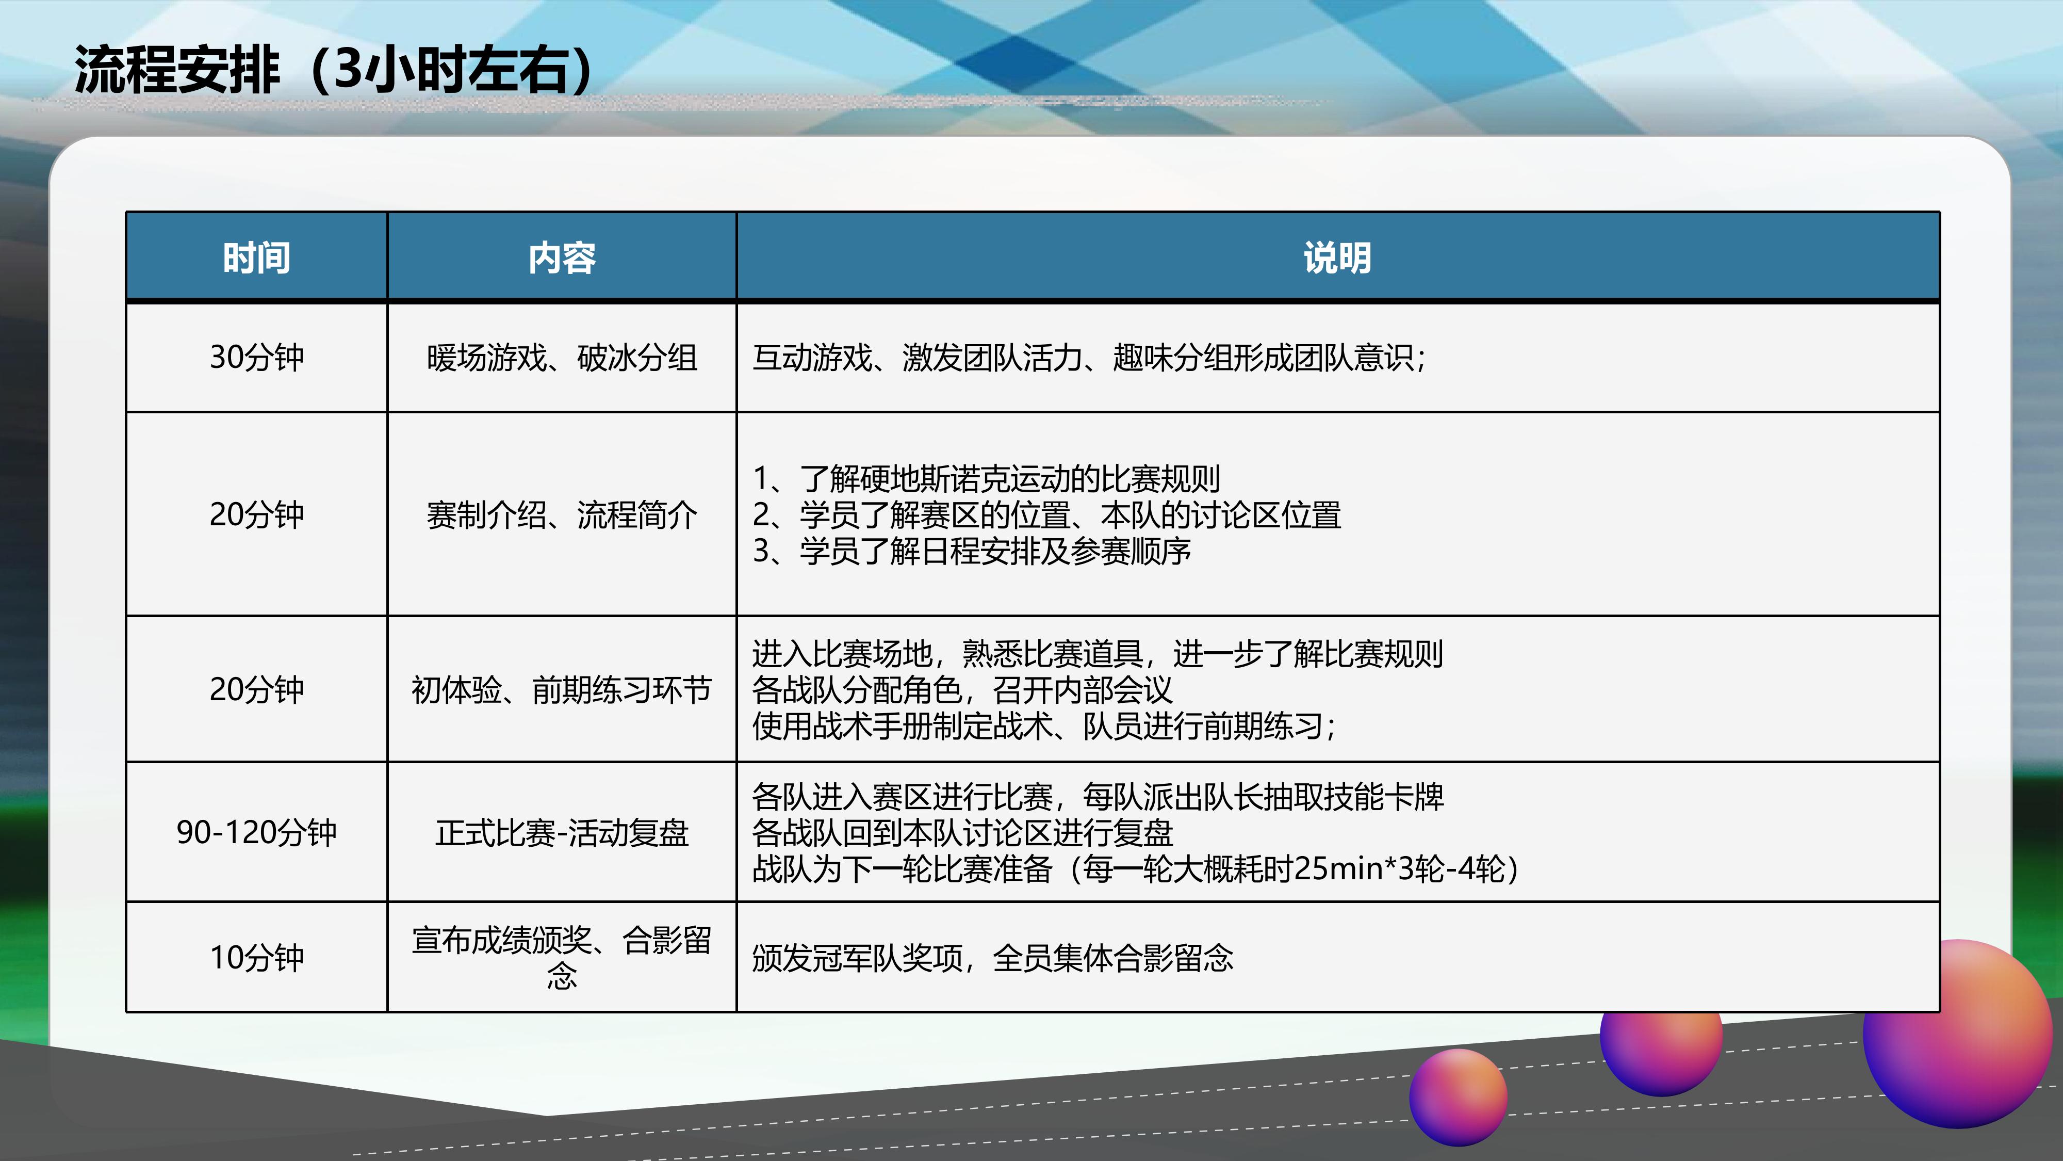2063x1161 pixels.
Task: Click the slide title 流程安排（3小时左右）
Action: tap(335, 70)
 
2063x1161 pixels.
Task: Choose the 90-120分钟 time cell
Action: tap(256, 832)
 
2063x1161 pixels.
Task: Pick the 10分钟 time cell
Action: tap(256, 958)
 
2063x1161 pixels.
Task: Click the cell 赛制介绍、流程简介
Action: tap(562, 514)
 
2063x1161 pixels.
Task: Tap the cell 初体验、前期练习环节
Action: tap(562, 689)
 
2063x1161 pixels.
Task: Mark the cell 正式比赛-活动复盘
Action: tap(562, 832)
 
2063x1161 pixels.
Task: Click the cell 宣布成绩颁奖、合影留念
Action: tap(562, 958)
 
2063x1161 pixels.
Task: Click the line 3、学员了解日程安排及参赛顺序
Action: tap(972, 551)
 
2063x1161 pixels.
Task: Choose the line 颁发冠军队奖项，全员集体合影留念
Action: tap(993, 958)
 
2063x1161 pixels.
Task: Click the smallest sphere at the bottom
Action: tap(1459, 1098)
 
